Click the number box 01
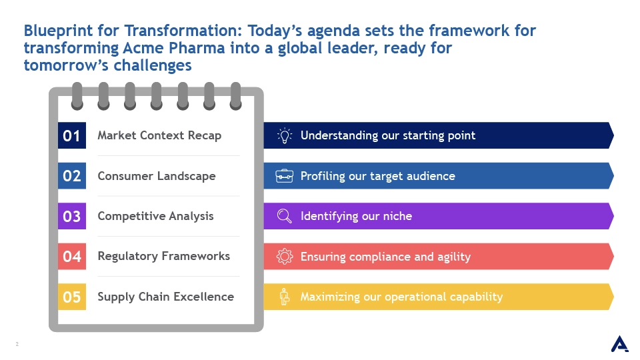tap(72, 135)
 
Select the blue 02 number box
tap(72, 175)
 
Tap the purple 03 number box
tap(72, 216)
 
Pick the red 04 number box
tap(72, 256)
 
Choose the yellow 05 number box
tap(72, 297)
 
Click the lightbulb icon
tap(285, 135)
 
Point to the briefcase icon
tap(285, 176)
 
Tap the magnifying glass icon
tap(285, 216)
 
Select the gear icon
tap(285, 256)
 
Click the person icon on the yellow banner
tap(285, 297)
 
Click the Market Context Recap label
tap(159, 135)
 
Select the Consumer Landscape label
tap(156, 176)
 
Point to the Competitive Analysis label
tap(155, 216)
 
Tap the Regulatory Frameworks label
tap(164, 256)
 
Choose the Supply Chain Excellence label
tap(166, 297)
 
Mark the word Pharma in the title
tap(197, 48)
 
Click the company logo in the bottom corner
tap(619, 344)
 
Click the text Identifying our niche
tap(356, 216)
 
